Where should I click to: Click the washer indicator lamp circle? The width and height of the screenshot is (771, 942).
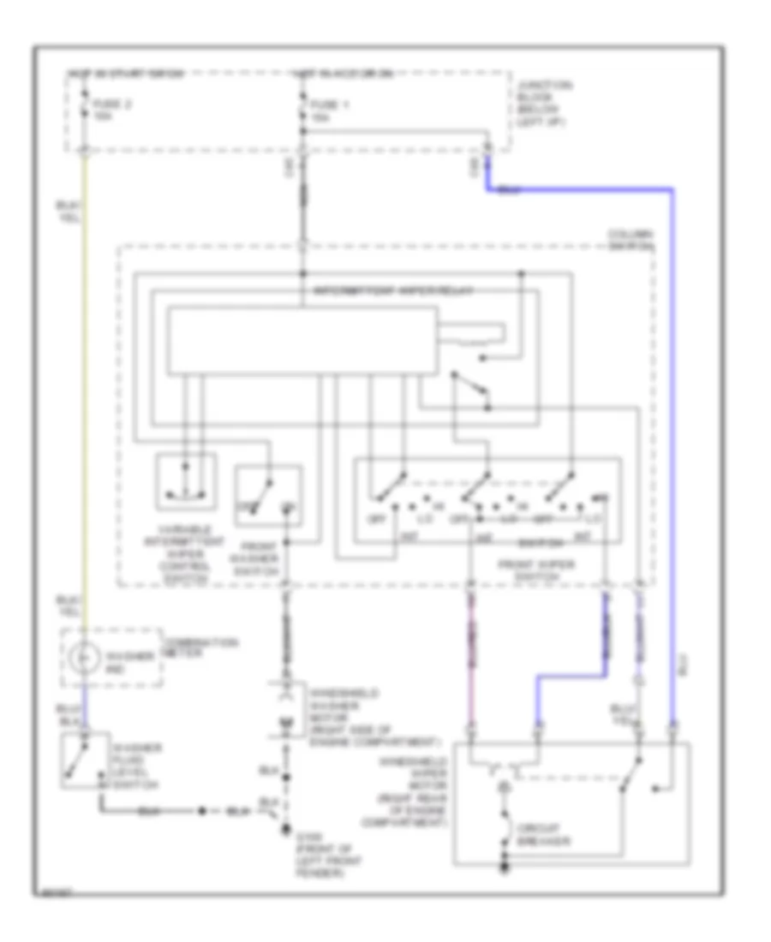(x=82, y=659)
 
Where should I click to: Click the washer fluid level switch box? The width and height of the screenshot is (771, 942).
(x=84, y=760)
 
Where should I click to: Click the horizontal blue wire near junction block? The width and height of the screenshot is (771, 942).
(x=583, y=190)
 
